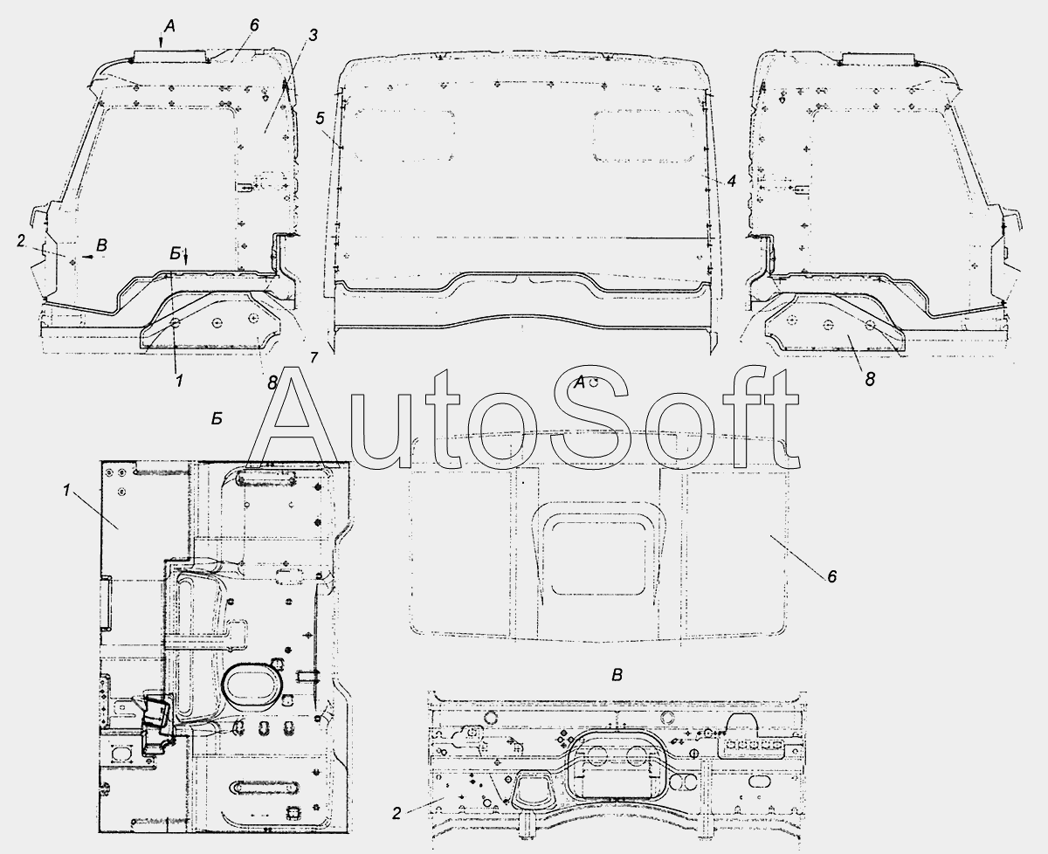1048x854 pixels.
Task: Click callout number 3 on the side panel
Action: click(313, 35)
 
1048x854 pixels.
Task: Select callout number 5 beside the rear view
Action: click(321, 118)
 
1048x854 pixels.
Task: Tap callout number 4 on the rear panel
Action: click(732, 181)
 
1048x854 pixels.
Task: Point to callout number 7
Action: click(314, 358)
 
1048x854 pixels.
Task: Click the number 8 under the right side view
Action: click(871, 379)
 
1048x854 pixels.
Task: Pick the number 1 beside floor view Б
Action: click(67, 490)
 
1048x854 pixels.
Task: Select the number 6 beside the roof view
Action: click(832, 576)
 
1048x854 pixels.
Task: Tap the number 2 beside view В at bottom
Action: click(396, 813)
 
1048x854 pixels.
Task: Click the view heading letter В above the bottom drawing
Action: click(617, 675)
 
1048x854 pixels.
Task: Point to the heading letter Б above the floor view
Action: click(217, 418)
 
